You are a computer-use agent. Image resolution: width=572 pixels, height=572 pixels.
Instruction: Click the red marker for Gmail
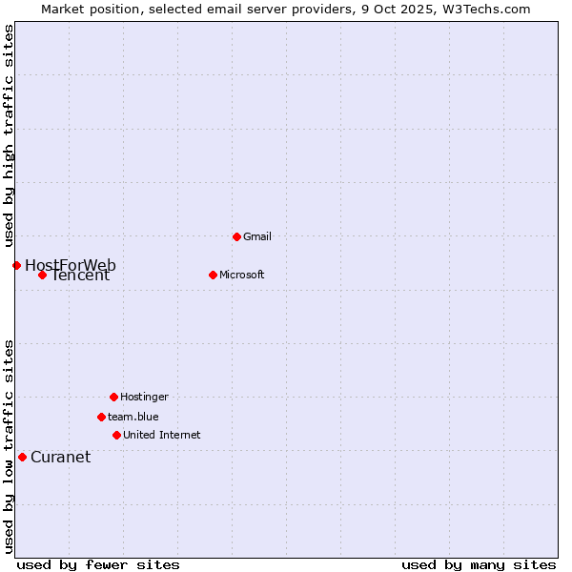pos(236,236)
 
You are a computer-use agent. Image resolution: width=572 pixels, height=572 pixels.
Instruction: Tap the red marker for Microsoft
pos(213,275)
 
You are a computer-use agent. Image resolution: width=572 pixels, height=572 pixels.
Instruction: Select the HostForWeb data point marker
pos(16,265)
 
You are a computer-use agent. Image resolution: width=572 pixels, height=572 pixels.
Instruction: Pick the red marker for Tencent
pos(42,276)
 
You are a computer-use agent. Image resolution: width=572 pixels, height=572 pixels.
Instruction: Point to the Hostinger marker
pos(113,397)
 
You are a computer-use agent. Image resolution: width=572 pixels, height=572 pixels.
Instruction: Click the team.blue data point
pos(101,417)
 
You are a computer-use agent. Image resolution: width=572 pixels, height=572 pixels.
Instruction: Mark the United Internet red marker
pos(116,435)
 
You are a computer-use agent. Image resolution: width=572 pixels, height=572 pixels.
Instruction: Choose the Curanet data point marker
pos(22,457)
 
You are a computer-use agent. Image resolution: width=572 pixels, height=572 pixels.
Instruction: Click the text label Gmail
pos(257,236)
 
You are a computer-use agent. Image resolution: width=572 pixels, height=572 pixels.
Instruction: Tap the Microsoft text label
pos(241,275)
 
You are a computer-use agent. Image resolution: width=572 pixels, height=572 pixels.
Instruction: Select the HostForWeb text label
pos(71,265)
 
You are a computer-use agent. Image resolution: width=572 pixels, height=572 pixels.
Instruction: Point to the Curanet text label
pos(60,457)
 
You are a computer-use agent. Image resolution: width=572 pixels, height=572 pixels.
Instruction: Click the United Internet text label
pos(161,435)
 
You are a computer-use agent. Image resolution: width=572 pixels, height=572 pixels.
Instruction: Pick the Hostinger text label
pos(144,397)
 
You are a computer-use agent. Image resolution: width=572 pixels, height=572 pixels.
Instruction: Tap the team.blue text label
pos(133,417)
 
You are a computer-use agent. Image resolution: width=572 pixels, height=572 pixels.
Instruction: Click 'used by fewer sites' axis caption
pos(98,564)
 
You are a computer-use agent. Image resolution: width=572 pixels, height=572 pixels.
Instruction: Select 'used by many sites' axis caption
pos(479,564)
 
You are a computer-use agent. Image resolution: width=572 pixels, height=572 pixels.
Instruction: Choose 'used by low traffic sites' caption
pos(9,446)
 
